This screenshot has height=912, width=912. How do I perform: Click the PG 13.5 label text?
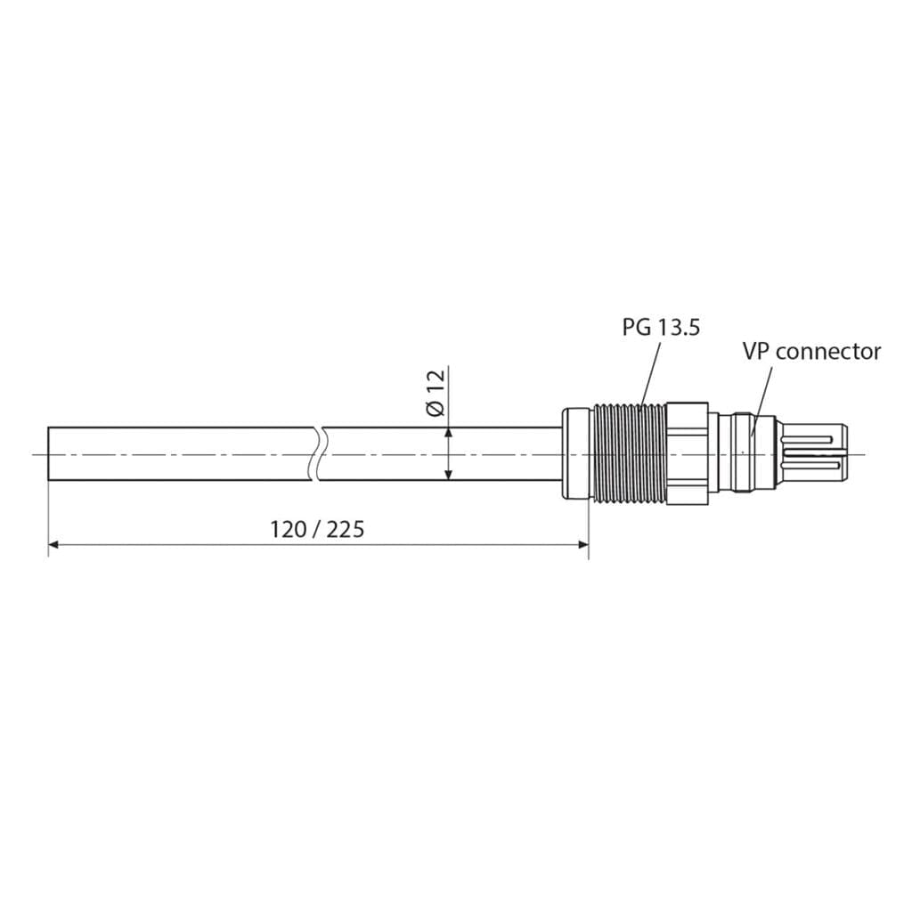661,327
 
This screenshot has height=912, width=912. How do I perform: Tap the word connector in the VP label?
827,352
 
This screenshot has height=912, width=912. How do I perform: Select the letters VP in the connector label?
757,352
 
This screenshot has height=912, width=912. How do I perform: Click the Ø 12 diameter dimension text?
436,394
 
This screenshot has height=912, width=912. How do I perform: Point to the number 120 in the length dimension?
287,530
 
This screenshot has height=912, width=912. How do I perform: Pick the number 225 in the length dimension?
346,530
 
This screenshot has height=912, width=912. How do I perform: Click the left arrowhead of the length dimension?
53,544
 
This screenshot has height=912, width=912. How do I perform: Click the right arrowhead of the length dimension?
583,544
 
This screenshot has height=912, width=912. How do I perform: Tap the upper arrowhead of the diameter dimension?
448,432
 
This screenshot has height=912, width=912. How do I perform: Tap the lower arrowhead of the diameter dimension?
448,476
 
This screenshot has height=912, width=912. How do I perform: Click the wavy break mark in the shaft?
318,454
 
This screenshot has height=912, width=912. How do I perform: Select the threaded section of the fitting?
629,454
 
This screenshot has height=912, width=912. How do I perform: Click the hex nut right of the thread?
687,454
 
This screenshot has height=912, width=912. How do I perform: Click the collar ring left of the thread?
576,454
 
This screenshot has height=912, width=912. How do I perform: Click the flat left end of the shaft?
48,454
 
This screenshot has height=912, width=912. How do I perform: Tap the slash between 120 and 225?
316,530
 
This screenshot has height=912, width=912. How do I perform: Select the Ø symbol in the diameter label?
436,409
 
